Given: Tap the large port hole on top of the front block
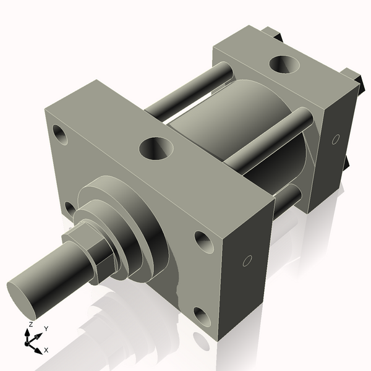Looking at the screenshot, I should pos(156,148).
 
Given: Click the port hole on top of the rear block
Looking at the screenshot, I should pos(285,64).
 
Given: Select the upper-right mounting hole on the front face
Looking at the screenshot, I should pos(203,242).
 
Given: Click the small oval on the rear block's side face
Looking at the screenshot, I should pos(336,139).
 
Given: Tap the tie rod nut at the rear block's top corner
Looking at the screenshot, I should pos(272,34).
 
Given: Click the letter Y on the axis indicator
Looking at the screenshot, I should pos(46,329).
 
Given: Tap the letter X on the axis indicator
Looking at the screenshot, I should pos(46,350).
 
